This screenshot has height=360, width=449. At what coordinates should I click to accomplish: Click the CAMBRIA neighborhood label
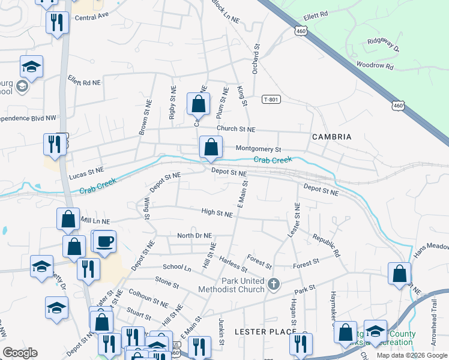(x=331, y=137)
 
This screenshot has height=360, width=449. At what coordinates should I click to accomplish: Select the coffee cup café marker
(x=105, y=242)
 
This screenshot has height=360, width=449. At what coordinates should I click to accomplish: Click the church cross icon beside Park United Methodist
(x=274, y=283)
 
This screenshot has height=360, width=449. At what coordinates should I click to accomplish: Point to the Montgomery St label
(x=258, y=148)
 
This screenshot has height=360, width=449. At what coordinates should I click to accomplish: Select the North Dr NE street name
(x=194, y=235)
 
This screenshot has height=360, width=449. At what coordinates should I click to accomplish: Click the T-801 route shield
(x=271, y=100)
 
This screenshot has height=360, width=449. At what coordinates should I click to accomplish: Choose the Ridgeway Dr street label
(x=383, y=43)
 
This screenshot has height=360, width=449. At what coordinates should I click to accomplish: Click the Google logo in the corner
(x=20, y=353)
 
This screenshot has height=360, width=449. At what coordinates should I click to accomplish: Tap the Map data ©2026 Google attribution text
(x=412, y=355)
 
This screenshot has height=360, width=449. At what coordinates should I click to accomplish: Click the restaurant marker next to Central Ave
(x=56, y=23)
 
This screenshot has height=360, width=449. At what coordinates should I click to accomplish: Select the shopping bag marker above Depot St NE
(x=211, y=148)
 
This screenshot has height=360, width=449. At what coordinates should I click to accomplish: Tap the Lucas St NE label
(x=86, y=173)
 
